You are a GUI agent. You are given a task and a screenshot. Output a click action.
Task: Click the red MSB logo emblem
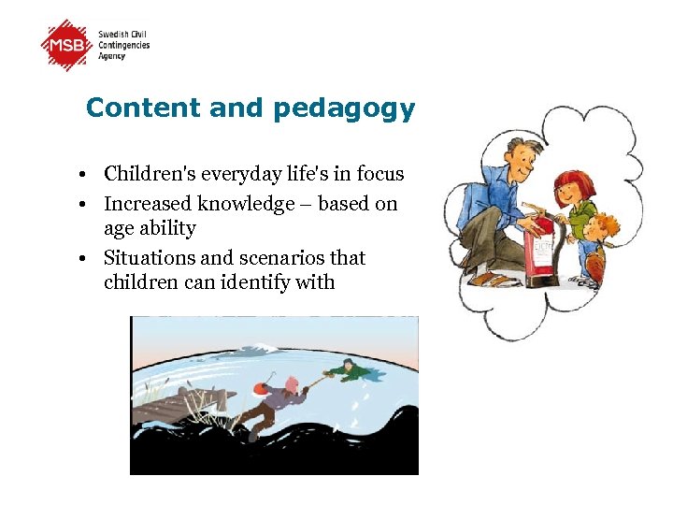(67, 45)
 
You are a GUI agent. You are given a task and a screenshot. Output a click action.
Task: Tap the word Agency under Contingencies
(112, 56)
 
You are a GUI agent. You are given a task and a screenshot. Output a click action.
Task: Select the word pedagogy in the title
(344, 109)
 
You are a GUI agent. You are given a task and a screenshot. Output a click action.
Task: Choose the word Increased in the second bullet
(143, 204)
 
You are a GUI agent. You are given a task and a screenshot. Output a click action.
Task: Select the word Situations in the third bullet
(146, 258)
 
